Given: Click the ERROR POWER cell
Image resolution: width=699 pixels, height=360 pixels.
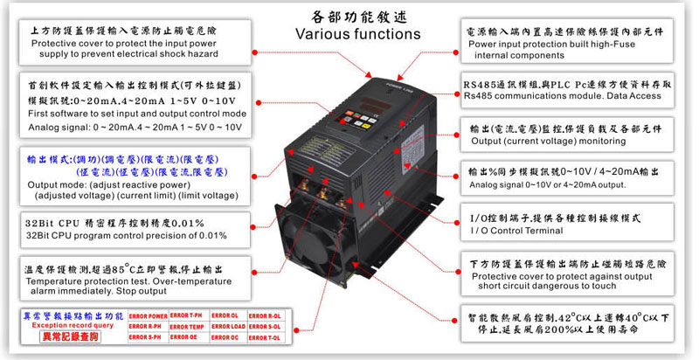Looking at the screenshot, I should pos(149,315).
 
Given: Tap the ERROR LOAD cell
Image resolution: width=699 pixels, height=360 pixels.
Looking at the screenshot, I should pos(225,326).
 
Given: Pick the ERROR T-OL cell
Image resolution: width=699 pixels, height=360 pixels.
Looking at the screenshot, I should pos(265,337).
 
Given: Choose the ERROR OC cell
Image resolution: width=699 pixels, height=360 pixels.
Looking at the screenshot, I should pos(225,337).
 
